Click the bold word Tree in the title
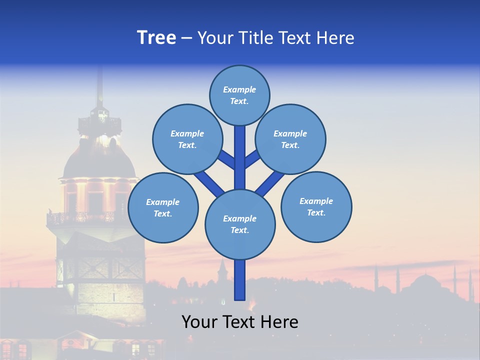coord(156,37)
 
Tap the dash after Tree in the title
coord(186,38)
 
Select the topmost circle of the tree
coord(239,95)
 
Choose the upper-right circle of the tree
coord(290,139)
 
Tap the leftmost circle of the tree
coord(163,207)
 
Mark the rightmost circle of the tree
coord(316,206)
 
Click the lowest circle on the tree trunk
coord(240,224)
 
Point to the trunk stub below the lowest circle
coord(240,280)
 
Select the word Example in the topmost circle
coord(239,89)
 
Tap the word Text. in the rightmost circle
coord(316,212)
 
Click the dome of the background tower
coord(98,160)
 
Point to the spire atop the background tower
coord(100,85)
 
